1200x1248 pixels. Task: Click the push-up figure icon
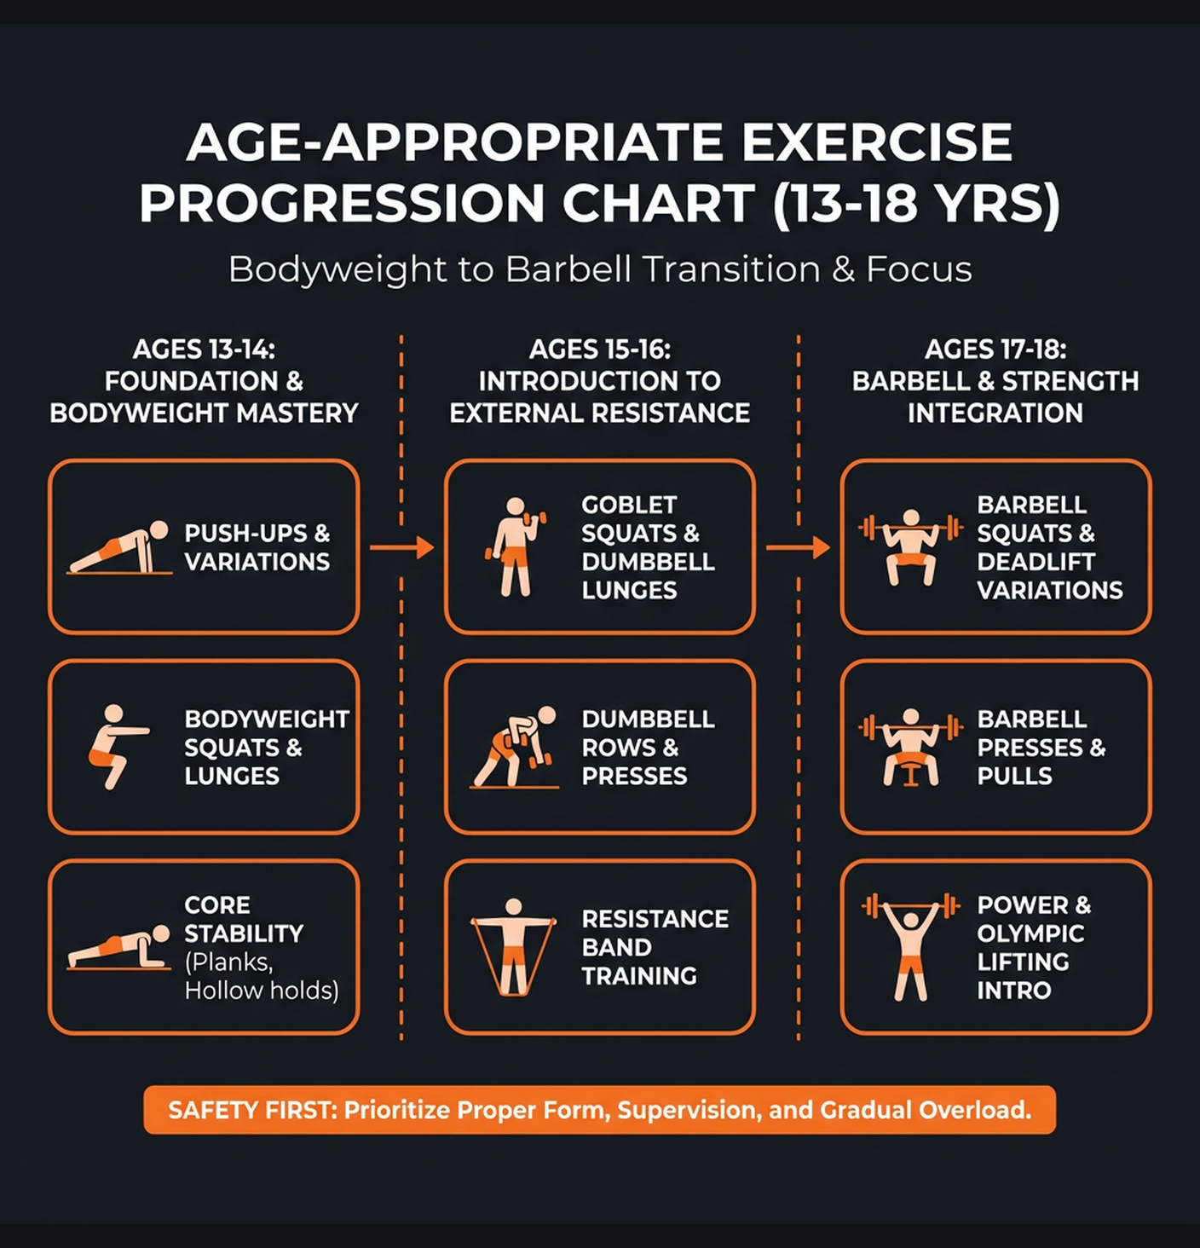[x=119, y=548]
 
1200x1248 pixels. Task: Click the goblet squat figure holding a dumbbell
[x=515, y=546]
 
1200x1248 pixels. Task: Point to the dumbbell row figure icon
[x=515, y=747]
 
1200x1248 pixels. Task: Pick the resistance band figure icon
[x=513, y=947]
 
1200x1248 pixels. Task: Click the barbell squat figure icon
[x=910, y=546]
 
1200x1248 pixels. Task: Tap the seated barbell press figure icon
[x=910, y=747]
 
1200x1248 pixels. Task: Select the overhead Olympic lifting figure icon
[x=910, y=947]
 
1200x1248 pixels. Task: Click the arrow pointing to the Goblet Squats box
[x=401, y=547]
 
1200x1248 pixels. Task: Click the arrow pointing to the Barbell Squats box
[x=798, y=547]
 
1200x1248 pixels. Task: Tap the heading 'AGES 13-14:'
[x=204, y=350]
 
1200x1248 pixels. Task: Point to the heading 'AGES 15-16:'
[x=600, y=350]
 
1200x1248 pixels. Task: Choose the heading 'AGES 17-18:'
[x=995, y=350]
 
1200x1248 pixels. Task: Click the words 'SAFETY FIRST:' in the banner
[x=253, y=1110]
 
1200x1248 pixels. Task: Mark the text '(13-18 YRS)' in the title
[x=916, y=205]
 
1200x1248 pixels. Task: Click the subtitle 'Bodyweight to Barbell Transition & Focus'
[x=600, y=269]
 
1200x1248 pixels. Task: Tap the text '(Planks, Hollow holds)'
[x=261, y=976]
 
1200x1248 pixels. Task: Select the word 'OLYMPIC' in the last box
[x=1030, y=933]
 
